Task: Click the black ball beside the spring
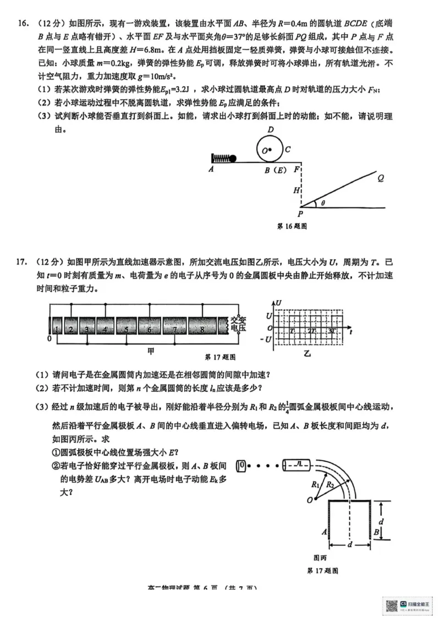tap(233, 159)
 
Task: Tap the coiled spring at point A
tap(221, 159)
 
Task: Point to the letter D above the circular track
tap(271, 129)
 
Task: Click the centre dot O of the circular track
tap(270, 149)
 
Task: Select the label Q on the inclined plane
tap(381, 177)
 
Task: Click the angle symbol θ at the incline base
tap(323, 203)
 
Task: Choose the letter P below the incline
tap(300, 214)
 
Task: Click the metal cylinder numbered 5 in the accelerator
tap(126, 329)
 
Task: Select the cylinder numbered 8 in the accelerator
tap(202, 329)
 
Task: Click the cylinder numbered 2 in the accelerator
tap(71, 329)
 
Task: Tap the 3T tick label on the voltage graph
tap(332, 330)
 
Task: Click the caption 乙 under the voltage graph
tap(307, 353)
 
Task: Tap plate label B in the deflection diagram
tap(376, 532)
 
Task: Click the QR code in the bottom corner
tap(392, 606)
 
